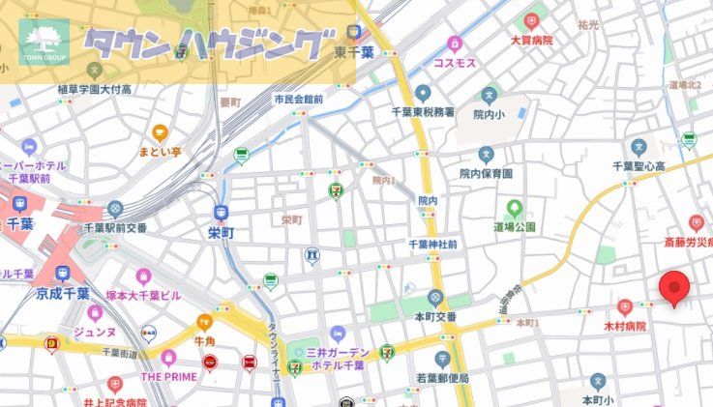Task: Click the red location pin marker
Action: [674, 288]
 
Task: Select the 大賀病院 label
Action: [531, 41]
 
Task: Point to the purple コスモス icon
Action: [454, 44]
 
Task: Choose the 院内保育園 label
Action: [486, 173]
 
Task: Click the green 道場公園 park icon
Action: [515, 208]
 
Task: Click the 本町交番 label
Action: [435, 315]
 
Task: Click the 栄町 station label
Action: [221, 233]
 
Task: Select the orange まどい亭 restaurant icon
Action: [160, 134]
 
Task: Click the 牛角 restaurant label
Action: [204, 341]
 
